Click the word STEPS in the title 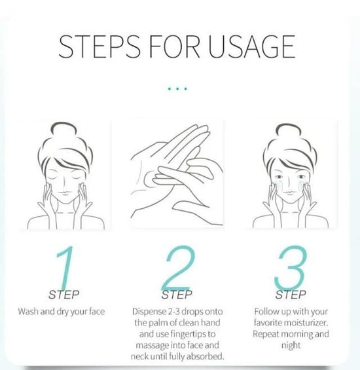(99, 46)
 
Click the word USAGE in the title (252, 46)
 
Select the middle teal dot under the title (177, 88)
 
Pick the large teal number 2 (178, 268)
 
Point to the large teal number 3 (291, 268)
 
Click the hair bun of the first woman (63, 129)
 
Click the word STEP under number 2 (177, 295)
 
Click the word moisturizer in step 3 (306, 323)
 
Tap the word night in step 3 (291, 346)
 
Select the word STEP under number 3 (291, 295)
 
